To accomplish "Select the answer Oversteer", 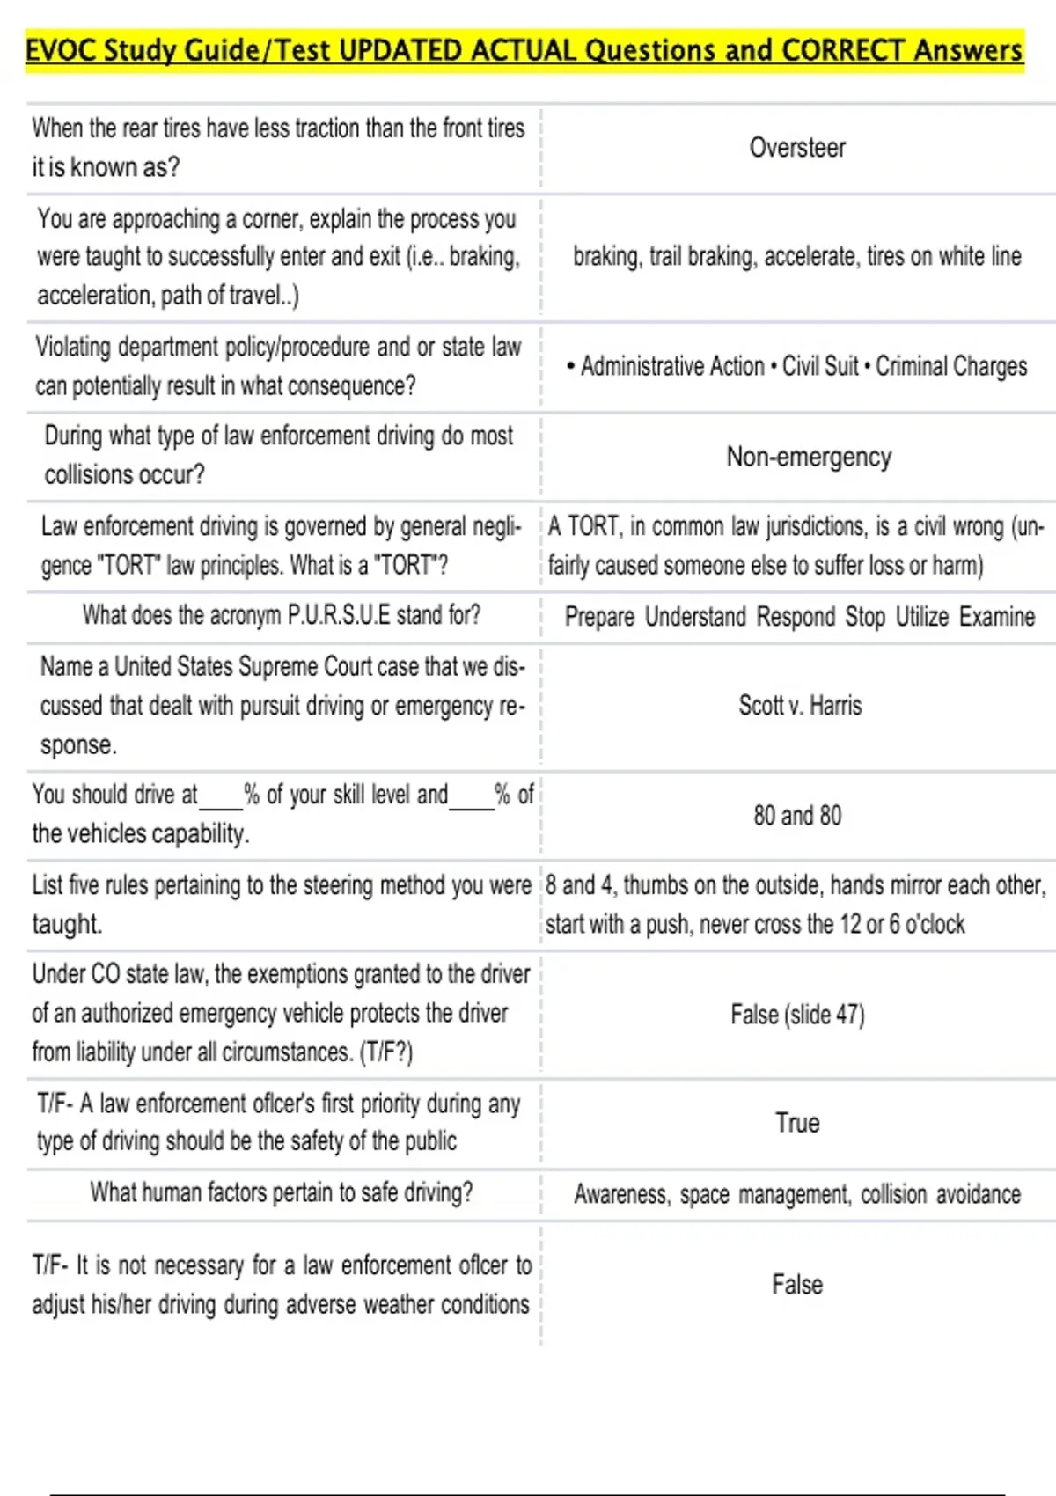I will (797, 148).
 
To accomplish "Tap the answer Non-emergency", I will (809, 458).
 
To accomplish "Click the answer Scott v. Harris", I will (800, 706).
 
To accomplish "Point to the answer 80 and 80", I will (797, 816).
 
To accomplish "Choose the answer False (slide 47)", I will (797, 1015).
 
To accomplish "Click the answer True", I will (797, 1123).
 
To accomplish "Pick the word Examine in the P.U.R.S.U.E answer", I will (997, 617).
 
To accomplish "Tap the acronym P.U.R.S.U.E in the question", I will (339, 614).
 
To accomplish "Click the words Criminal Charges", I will (951, 366).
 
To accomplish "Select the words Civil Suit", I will (820, 366).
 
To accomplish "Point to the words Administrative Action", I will (672, 366).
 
